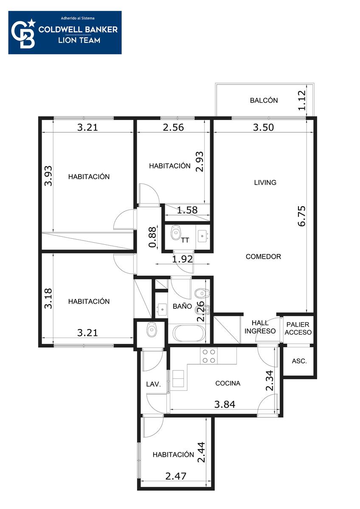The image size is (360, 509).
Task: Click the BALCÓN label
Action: coord(264,100)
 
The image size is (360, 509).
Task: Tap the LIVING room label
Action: coord(265,182)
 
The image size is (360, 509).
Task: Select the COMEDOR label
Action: coord(263,257)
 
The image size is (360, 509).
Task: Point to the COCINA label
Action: coord(228,383)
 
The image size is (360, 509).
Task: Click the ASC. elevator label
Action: coord(299,361)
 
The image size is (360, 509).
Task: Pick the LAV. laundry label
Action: coord(154,384)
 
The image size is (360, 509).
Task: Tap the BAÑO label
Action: coord(182,306)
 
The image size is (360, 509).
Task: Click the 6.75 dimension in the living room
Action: coord(302,216)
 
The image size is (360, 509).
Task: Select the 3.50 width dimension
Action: coord(264,127)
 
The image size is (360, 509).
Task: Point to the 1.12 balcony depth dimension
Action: coord(302,101)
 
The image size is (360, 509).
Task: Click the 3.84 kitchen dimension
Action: coord(225,404)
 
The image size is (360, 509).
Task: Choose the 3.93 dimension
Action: coord(48,176)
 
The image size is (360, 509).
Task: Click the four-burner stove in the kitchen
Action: coord(209,356)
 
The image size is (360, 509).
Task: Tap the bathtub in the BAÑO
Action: coord(189,333)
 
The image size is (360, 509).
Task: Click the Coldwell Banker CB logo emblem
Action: coord(23,34)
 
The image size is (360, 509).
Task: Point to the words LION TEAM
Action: coord(79,40)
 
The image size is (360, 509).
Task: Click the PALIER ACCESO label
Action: coord(298,328)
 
